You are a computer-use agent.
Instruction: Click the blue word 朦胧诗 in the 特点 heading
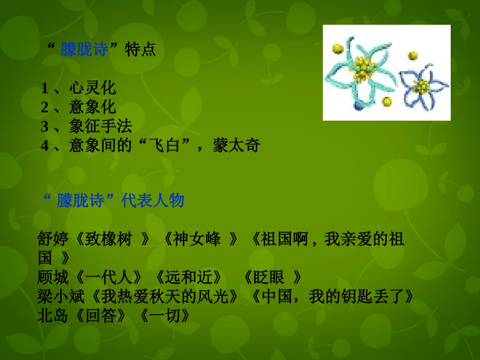(84, 50)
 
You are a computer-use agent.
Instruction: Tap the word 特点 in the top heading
(140, 50)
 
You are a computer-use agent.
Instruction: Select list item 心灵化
(92, 88)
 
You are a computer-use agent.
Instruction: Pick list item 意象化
(92, 107)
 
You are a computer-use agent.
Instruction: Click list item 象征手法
(101, 126)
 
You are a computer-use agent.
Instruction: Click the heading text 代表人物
(153, 201)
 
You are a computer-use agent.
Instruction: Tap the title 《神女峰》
(200, 239)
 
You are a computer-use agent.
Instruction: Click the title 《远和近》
(189, 277)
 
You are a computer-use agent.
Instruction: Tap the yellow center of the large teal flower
(362, 68)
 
